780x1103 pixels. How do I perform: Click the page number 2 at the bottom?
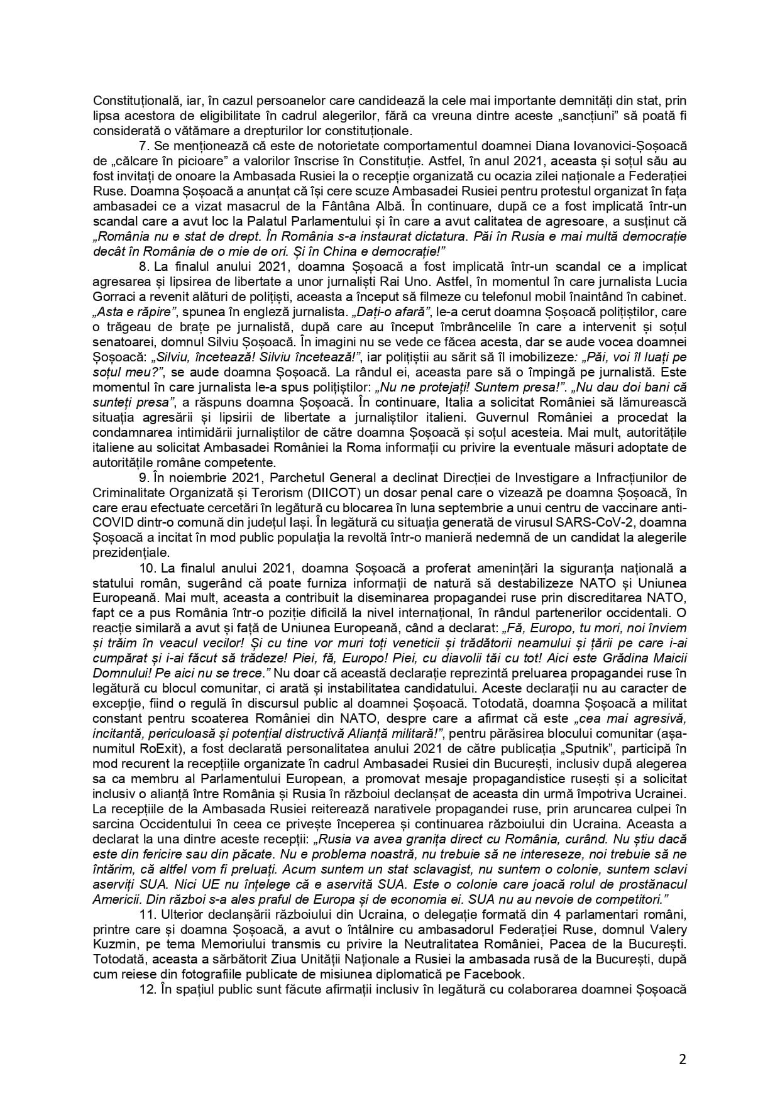[x=682, y=1059]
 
